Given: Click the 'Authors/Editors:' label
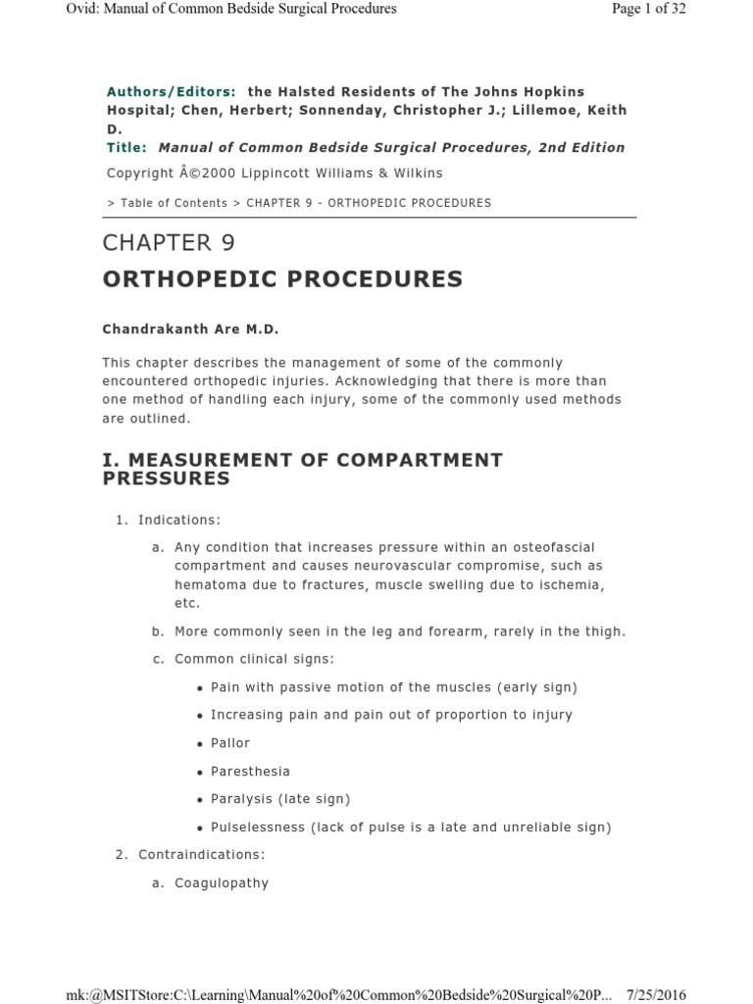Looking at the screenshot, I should coord(171,91).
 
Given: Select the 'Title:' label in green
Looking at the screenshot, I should coord(127,148).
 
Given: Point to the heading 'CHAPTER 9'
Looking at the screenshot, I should coord(169,243).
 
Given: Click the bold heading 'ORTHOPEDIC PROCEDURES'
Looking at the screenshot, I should coord(282,279).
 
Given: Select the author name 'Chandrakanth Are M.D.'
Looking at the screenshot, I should coord(183,329).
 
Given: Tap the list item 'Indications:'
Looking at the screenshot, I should coord(179,520).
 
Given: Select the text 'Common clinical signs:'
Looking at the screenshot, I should coord(254,659).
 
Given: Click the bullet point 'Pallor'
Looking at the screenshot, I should coord(230,743).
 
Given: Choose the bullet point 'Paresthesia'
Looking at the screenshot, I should coord(250,772).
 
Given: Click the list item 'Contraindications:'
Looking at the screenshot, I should coord(201,855).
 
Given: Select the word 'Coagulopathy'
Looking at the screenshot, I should coord(221,883).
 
